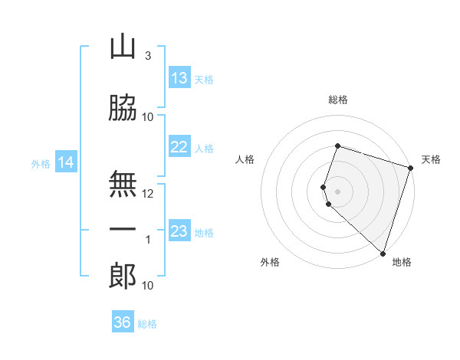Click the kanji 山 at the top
(123, 47)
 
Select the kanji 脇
(123, 109)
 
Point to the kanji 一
(123, 230)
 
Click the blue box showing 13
(179, 78)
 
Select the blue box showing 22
(179, 148)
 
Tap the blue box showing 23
(179, 231)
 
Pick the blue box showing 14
(65, 162)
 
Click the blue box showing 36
(123, 322)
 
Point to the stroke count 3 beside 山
(148, 55)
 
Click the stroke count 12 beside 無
(148, 194)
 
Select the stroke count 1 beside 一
(148, 240)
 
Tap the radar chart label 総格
(338, 100)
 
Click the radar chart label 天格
(431, 159)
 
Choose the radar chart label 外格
(270, 262)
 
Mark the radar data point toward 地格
(383, 253)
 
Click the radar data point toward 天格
(410, 167)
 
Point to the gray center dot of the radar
(338, 191)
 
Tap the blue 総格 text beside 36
(147, 324)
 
